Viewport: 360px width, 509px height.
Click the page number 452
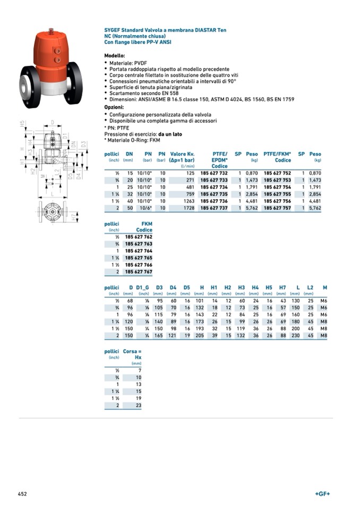click(x=22, y=494)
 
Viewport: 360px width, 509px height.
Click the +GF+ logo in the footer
click(x=322, y=494)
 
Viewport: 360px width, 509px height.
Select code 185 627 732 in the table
click(x=214, y=173)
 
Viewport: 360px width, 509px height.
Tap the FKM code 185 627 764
click(x=139, y=251)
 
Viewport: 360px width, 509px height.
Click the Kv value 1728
click(x=189, y=209)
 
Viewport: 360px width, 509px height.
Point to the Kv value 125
click(x=191, y=173)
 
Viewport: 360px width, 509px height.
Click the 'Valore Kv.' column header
click(x=182, y=154)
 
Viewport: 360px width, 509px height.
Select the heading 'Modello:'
click(x=115, y=55)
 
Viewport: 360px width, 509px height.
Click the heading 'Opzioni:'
click(x=114, y=107)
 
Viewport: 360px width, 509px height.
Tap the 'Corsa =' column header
click(x=132, y=351)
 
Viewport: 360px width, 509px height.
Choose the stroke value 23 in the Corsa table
click(x=139, y=405)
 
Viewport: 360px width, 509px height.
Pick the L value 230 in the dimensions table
click(x=296, y=336)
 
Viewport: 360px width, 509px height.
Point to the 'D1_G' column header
click(x=143, y=288)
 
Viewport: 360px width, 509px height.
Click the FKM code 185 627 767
click(x=139, y=272)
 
